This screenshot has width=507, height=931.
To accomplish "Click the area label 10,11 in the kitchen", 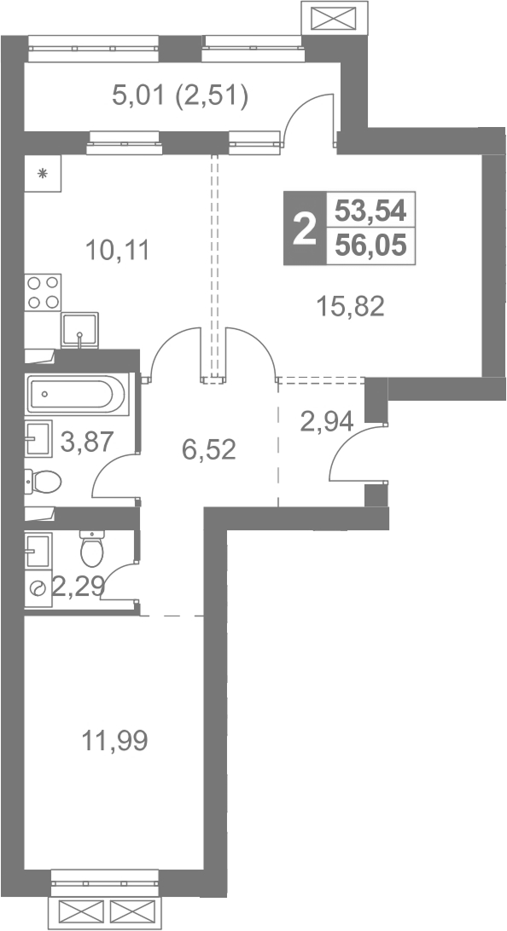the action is click(117, 250).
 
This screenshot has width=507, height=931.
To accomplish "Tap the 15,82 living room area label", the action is click(350, 306).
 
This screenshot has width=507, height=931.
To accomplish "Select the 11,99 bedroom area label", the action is click(114, 740).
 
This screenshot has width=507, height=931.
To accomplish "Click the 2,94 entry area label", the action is click(327, 422).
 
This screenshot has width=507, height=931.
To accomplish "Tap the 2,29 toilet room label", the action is click(79, 587).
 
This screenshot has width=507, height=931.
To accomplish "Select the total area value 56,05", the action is click(370, 243).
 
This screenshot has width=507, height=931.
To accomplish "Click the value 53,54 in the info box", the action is click(370, 210).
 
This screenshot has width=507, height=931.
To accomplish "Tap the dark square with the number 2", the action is click(305, 228).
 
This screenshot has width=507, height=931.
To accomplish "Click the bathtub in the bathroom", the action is click(77, 394).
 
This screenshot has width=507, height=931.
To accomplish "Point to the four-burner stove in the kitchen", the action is click(43, 292).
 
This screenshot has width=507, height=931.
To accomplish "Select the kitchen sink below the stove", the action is click(79, 330).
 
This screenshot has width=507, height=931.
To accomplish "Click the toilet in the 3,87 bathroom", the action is click(43, 482).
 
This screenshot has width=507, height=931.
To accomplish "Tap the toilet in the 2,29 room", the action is click(92, 549).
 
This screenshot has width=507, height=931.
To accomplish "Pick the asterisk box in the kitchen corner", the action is click(43, 173).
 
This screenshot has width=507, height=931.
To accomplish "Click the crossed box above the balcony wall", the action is click(334, 18).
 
